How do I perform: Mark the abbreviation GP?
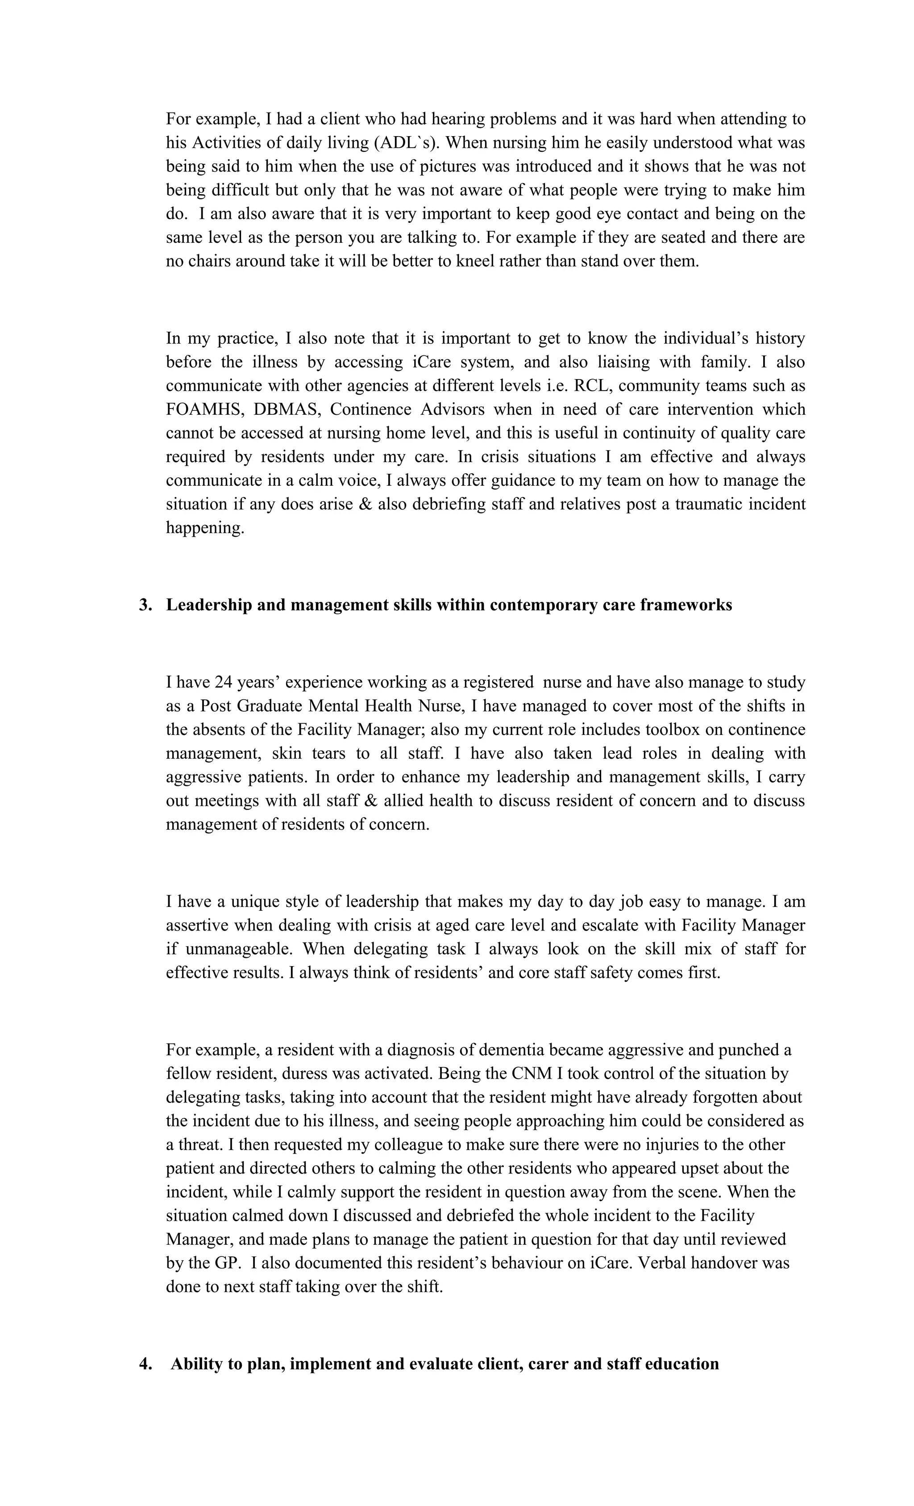tap(225, 1263)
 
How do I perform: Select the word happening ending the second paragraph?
tap(205, 528)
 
